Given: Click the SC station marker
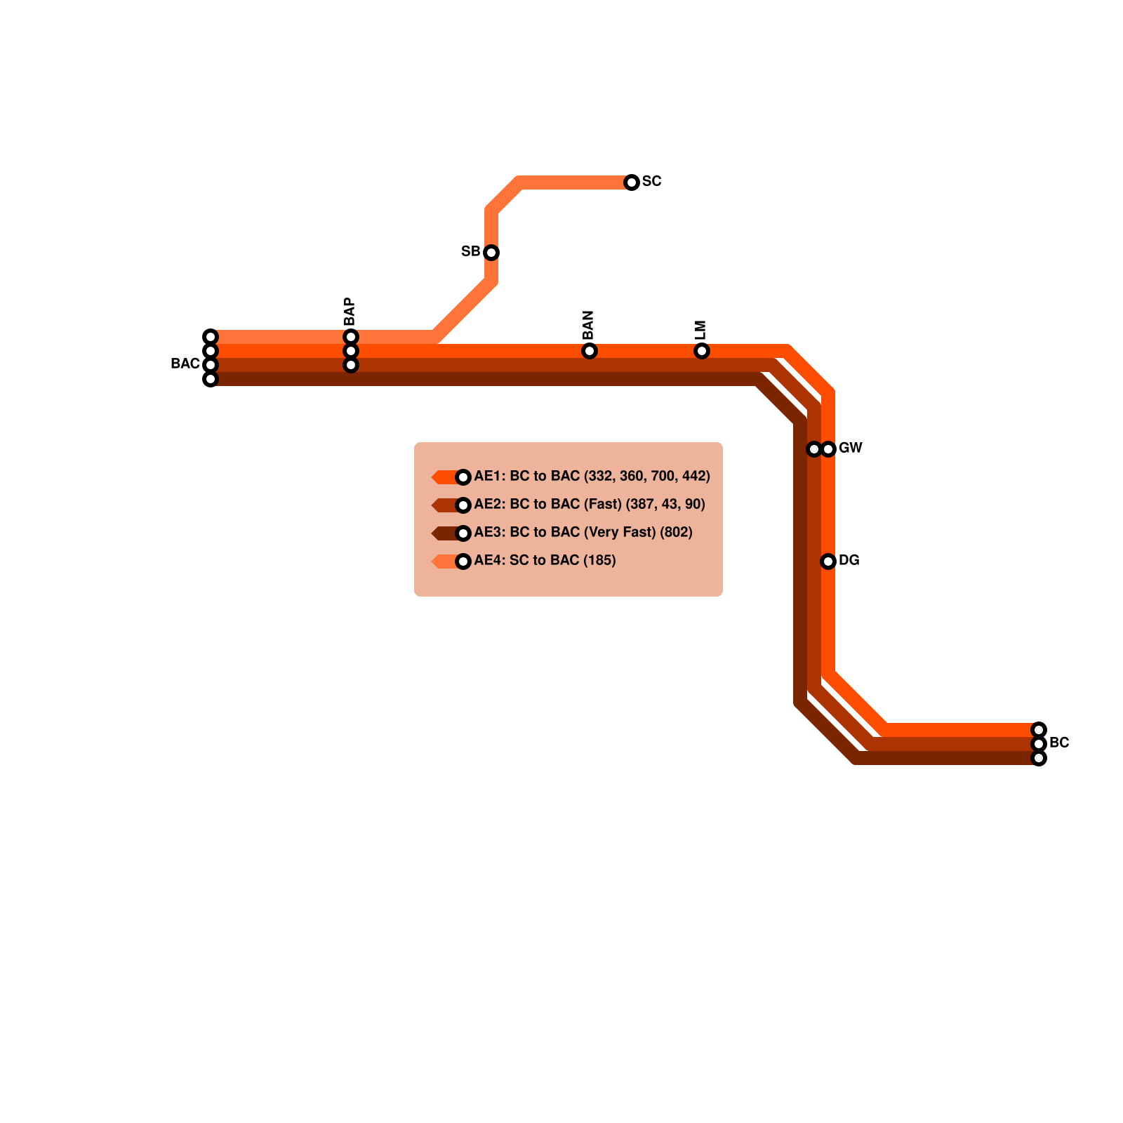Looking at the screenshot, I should pos(632,182).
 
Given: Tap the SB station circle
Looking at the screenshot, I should pos(491,253).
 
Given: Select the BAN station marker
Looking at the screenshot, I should pos(590,351).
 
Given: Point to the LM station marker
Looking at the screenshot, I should pos(702,351).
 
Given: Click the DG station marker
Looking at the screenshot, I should pos(828,561).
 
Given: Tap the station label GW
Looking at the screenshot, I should pos(850,448).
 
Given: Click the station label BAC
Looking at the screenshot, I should pos(185,364).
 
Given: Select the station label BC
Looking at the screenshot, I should pos(1059,743).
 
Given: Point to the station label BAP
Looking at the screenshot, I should pos(350,312).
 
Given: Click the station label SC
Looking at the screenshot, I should pos(651,181).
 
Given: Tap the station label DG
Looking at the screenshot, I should pos(849,560).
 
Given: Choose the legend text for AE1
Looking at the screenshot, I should pos(592,476).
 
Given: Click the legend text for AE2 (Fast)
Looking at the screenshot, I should pos(590,504).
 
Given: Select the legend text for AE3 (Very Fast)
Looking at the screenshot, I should pos(583,532).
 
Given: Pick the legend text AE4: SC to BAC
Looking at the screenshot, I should pos(545,560).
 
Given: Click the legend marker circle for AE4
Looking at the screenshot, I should pos(463,561).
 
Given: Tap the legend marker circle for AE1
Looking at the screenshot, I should pos(463,477).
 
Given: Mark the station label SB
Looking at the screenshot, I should pos(470,251).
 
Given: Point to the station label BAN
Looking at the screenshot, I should pos(588,325).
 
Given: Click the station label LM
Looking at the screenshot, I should pos(700,330).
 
